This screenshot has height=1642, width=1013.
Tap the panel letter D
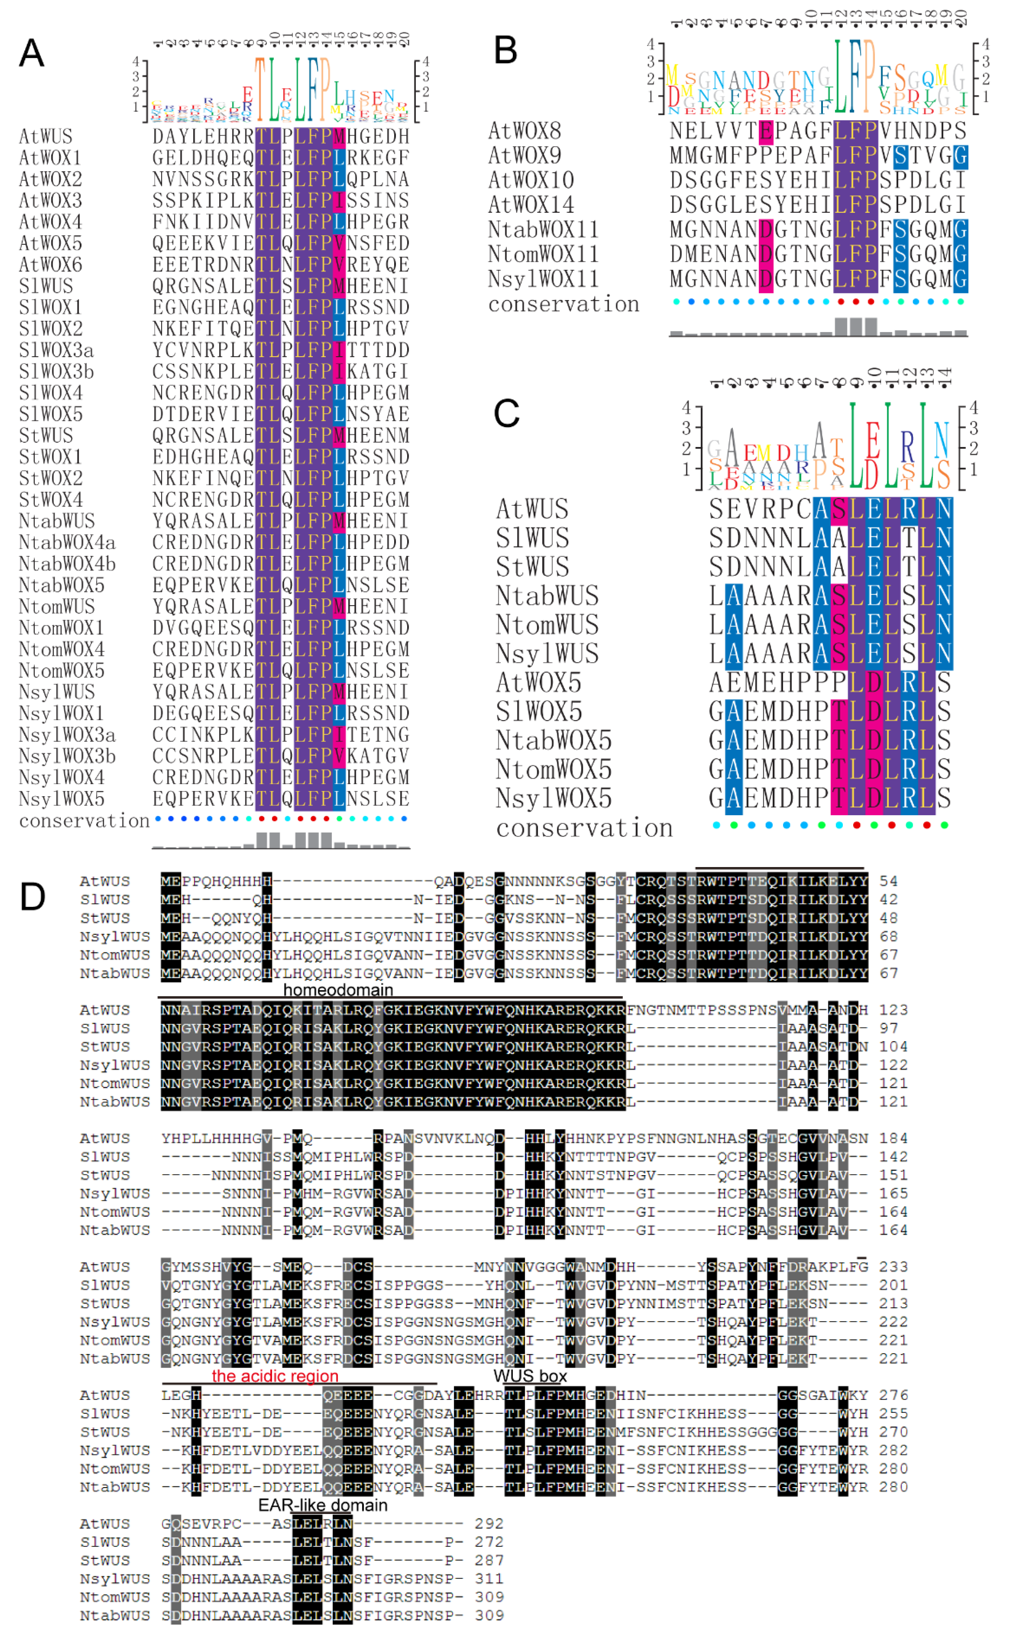click(x=32, y=896)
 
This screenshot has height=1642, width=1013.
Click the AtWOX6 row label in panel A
click(x=50, y=265)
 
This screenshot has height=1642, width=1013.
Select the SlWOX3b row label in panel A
click(x=56, y=371)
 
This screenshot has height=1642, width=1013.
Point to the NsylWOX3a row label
click(x=67, y=735)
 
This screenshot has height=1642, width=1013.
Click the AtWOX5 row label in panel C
click(x=539, y=683)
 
